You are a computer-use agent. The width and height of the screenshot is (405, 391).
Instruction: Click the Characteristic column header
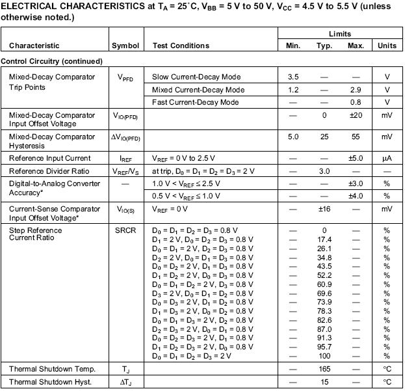pyautogui.click(x=34, y=46)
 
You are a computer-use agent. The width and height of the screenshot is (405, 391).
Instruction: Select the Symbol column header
pyautogui.click(x=125, y=46)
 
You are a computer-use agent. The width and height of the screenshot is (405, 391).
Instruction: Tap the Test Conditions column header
pyautogui.click(x=181, y=46)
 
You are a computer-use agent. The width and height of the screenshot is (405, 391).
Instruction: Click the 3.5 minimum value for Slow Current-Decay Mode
pyautogui.click(x=293, y=77)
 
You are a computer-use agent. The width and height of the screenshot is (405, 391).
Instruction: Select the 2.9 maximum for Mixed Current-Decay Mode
pyautogui.click(x=355, y=90)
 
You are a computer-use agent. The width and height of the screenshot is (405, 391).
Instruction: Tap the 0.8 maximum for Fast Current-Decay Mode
pyautogui.click(x=355, y=102)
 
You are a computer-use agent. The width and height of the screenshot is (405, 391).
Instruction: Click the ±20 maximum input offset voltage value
pyautogui.click(x=355, y=115)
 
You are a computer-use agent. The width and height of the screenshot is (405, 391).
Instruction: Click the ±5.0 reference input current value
pyautogui.click(x=355, y=158)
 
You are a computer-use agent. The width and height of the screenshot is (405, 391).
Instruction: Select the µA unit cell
pyautogui.click(x=387, y=158)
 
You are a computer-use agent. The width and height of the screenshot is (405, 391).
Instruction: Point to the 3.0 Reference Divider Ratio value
pyautogui.click(x=324, y=170)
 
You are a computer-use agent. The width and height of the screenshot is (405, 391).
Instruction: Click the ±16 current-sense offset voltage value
pyautogui.click(x=324, y=209)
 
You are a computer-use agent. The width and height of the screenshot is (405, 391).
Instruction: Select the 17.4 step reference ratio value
pyautogui.click(x=324, y=239)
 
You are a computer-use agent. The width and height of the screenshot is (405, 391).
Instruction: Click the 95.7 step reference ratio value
pyautogui.click(x=324, y=347)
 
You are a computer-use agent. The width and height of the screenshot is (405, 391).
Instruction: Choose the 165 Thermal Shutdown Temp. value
pyautogui.click(x=324, y=369)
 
